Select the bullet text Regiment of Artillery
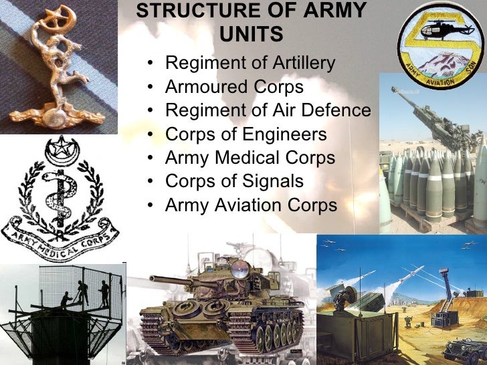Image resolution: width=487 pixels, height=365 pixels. [250, 64]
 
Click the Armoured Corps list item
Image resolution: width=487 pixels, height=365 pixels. [234, 87]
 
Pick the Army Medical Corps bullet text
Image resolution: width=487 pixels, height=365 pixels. [250, 158]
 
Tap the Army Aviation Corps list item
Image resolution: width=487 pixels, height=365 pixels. [251, 205]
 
